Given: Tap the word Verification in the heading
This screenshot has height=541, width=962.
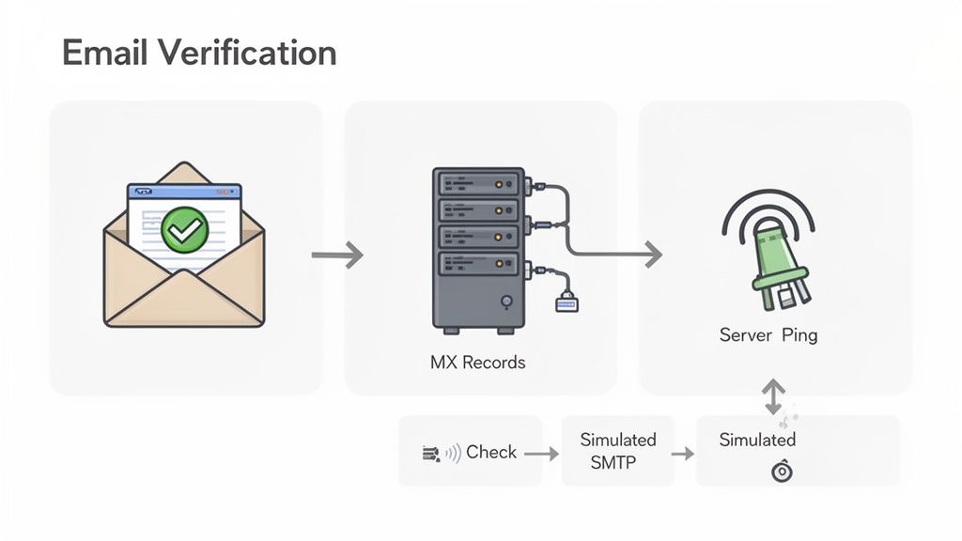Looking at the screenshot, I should [246, 53].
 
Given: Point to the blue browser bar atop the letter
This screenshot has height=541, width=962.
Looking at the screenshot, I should [184, 191].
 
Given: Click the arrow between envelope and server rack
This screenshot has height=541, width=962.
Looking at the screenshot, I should [336, 255].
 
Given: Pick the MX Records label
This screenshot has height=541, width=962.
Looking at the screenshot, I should [478, 362].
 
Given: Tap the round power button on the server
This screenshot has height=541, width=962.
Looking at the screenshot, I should [506, 301].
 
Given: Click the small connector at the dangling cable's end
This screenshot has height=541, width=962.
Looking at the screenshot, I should [566, 301].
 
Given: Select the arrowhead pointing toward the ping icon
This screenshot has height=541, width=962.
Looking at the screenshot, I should [651, 254].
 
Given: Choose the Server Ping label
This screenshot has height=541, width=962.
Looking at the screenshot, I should [768, 335].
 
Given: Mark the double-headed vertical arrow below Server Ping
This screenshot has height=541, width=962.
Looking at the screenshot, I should [772, 395].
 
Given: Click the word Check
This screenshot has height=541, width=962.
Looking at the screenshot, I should [491, 452].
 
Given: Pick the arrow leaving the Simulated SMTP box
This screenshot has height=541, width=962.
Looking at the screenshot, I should [683, 454].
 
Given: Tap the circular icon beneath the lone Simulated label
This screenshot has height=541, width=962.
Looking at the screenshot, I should [782, 472].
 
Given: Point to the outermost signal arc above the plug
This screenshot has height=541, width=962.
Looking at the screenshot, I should [768, 202].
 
